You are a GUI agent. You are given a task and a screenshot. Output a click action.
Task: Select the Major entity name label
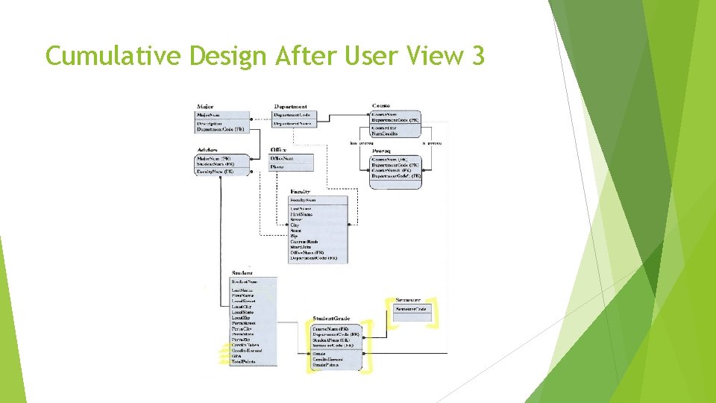pos(204,107)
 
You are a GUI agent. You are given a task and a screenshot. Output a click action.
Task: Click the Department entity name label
pos(290,107)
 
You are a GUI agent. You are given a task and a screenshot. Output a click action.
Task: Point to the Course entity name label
pos(381,106)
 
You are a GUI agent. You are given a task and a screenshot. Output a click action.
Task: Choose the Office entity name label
pos(278,149)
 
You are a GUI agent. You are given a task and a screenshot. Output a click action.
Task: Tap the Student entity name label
pos(242,273)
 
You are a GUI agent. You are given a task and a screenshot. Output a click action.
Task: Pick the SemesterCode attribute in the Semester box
pos(411,309)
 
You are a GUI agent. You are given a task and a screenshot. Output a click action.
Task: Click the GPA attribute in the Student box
pos(236,356)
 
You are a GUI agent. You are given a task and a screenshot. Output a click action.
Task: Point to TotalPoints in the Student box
pos(244,361)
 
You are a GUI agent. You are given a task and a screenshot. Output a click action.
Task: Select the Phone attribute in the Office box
pos(277,166)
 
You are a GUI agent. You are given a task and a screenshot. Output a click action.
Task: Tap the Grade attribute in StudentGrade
pos(319,354)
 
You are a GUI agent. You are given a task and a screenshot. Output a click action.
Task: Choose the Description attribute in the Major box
pos(209,123)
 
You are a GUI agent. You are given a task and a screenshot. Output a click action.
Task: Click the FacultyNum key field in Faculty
pos(303,200)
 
